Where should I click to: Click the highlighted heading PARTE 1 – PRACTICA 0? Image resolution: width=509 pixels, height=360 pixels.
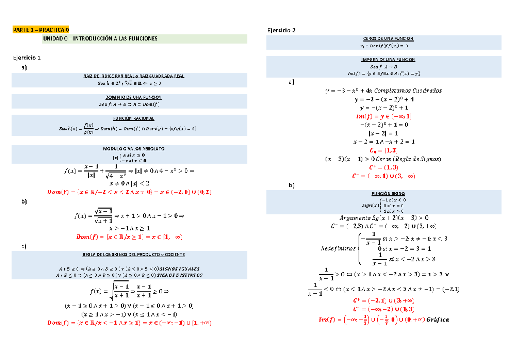(40, 30)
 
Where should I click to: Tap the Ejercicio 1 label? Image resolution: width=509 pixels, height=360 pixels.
(27, 57)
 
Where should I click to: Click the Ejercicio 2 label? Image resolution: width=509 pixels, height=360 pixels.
(280, 30)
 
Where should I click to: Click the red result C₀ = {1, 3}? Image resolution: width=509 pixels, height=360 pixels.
(383, 151)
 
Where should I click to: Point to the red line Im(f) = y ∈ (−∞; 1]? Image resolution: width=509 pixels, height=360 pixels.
(383, 116)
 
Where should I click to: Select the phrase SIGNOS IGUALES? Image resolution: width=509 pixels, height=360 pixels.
(182, 269)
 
